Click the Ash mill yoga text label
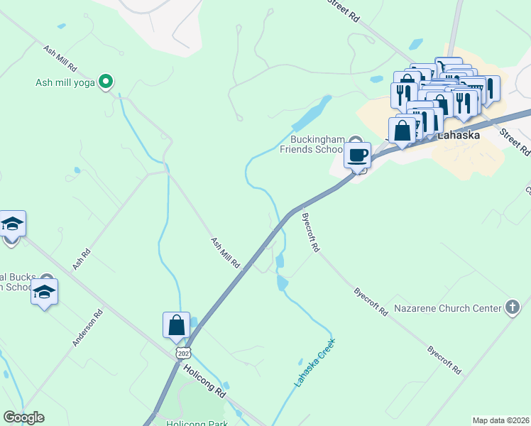(66, 82)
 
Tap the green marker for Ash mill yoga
(106, 82)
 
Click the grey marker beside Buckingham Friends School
(356, 141)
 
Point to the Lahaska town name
(459, 135)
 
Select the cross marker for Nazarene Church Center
(513, 307)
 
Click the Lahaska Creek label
(314, 363)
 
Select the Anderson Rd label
(88, 327)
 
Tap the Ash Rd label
(82, 258)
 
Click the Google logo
(23, 417)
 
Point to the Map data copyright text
(500, 420)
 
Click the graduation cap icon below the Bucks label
(44, 293)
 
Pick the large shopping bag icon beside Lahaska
(402, 131)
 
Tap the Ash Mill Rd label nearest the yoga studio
(60, 58)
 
